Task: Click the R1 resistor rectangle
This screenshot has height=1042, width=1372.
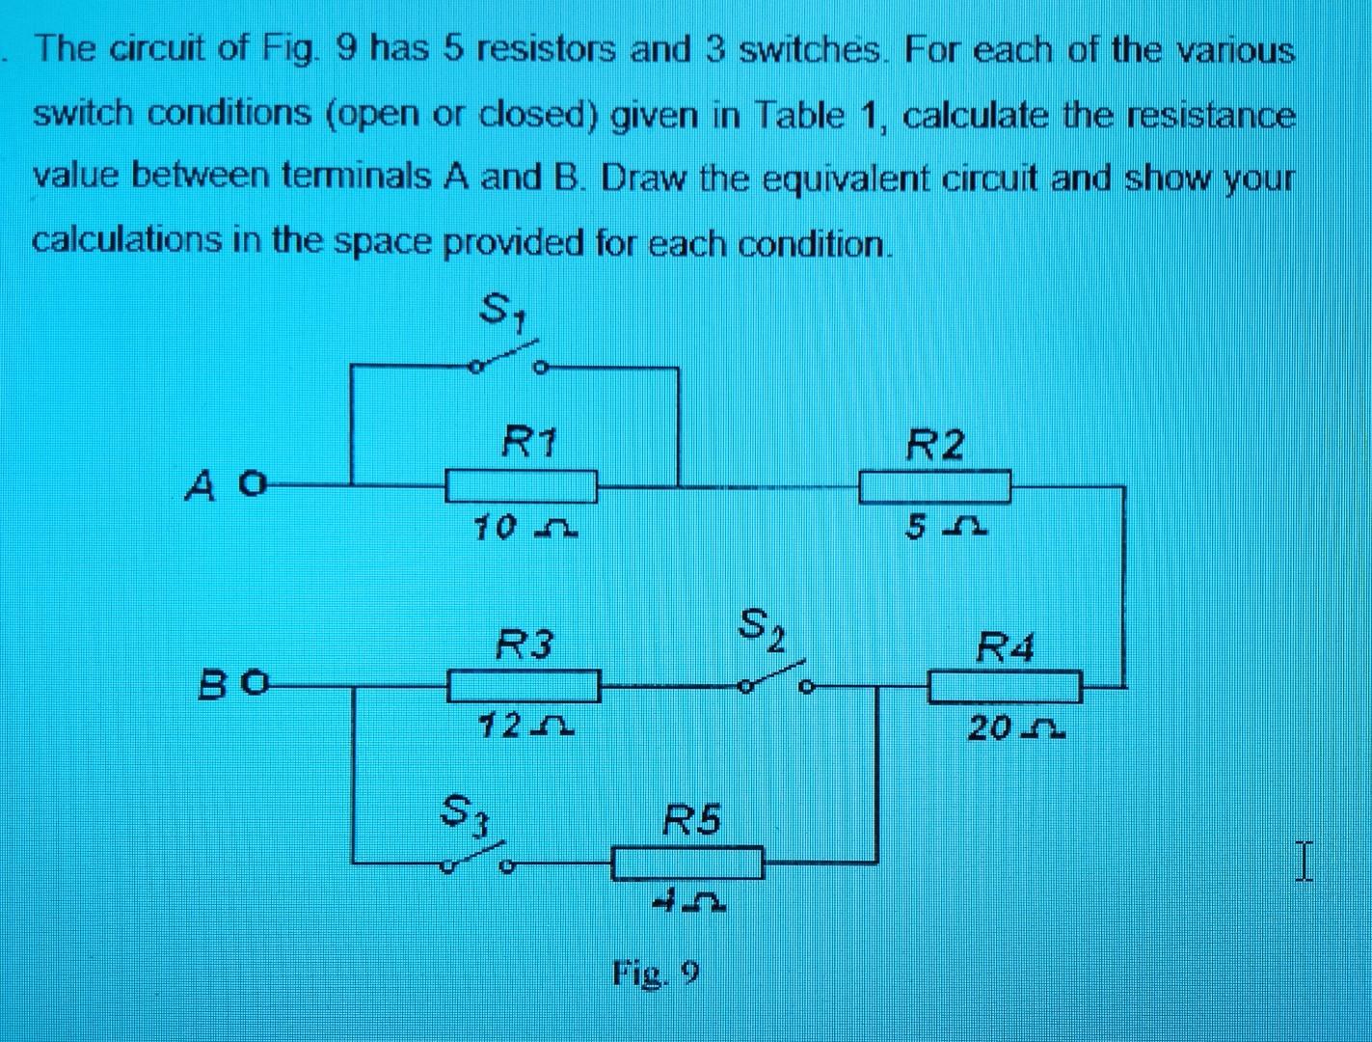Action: [521, 485]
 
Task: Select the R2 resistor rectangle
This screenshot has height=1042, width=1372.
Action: [934, 486]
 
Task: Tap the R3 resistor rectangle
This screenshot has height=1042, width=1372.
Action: [525, 687]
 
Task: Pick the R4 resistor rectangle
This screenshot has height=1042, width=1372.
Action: [1005, 687]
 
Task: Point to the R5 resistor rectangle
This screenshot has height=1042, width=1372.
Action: [688, 862]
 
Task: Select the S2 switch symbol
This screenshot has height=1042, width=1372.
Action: [777, 678]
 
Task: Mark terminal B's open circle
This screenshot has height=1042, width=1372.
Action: [253, 686]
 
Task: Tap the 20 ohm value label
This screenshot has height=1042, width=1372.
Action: [1015, 728]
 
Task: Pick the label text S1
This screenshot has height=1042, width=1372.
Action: [502, 311]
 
